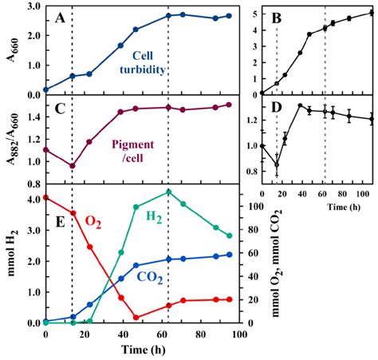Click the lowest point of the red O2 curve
point(136,317)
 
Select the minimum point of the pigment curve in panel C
point(73,166)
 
